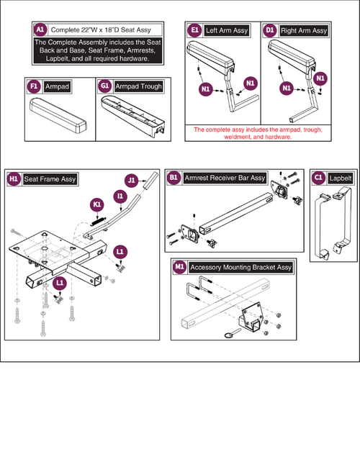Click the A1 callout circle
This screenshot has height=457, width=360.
(x=40, y=30)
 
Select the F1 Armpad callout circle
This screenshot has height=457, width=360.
(x=34, y=86)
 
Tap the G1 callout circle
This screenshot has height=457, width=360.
(x=104, y=86)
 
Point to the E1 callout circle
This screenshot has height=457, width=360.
(x=194, y=30)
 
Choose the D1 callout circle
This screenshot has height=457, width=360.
(x=270, y=30)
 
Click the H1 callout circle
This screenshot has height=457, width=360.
(x=14, y=178)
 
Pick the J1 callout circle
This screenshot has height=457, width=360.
(x=132, y=181)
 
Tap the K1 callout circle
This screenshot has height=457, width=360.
(x=96, y=205)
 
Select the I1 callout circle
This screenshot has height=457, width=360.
(x=120, y=196)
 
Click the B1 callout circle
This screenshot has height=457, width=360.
(x=174, y=178)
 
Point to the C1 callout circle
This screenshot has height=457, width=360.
(x=319, y=178)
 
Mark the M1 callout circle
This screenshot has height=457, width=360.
(x=179, y=267)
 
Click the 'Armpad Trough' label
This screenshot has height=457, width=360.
(x=138, y=86)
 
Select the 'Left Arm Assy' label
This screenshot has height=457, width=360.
(x=227, y=30)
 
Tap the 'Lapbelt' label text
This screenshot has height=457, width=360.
(x=341, y=178)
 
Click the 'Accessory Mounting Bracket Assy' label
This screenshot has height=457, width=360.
(x=240, y=267)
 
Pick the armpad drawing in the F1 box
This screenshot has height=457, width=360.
(x=58, y=115)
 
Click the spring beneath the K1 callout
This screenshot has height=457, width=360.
(x=99, y=221)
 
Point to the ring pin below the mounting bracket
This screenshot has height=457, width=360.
(x=233, y=332)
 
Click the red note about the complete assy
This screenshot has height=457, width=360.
(x=258, y=133)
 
